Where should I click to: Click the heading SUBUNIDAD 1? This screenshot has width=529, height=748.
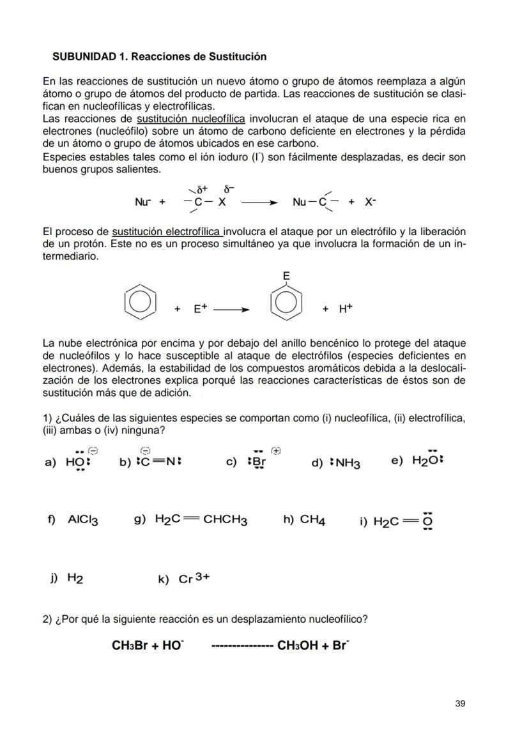pyautogui.click(x=159, y=57)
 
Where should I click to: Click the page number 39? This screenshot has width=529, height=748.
pyautogui.click(x=460, y=703)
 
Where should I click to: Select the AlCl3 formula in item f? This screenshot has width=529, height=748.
pyautogui.click(x=83, y=520)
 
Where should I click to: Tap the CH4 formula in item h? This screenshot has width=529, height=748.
pyautogui.click(x=313, y=520)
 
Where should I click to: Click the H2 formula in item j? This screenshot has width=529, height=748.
pyautogui.click(x=75, y=579)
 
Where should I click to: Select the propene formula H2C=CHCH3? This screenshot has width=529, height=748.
pyautogui.click(x=201, y=520)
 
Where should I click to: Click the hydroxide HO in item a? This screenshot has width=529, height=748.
pyautogui.click(x=78, y=462)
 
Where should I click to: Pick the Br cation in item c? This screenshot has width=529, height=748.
pyautogui.click(x=258, y=462)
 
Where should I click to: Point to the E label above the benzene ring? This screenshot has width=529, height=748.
pyautogui.click(x=286, y=276)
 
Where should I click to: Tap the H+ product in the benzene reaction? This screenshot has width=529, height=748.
pyautogui.click(x=346, y=309)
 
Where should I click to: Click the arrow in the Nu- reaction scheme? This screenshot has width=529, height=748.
pyautogui.click(x=259, y=202)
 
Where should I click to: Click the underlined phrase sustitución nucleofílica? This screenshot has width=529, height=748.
pyautogui.click(x=191, y=119)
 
